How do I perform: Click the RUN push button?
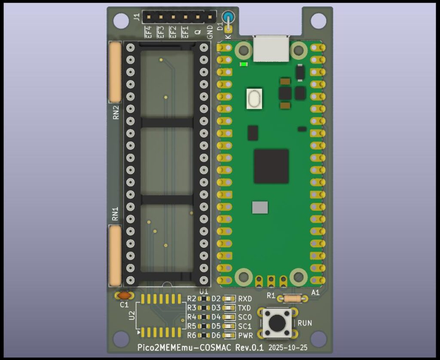coord(278,323)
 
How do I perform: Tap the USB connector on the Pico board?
coord(271,48)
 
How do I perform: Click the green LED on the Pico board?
coord(244,65)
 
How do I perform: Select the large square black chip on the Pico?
coord(272,166)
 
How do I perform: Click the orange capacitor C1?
coord(124,295)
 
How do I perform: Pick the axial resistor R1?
coord(292,298)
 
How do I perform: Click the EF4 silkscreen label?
coord(148,32)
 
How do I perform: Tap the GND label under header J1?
coord(210,32)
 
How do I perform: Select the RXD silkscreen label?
coord(245,299)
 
